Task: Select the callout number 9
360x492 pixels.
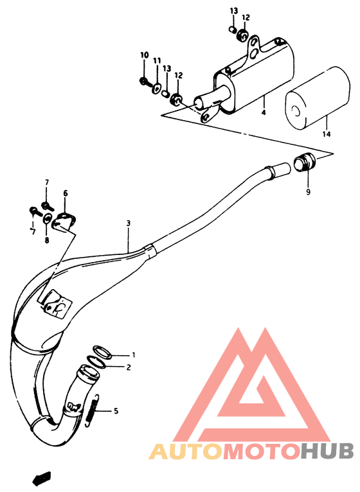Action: tap(307, 191)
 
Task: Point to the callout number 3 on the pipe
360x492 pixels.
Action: tap(129, 223)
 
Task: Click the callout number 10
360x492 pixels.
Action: tap(144, 56)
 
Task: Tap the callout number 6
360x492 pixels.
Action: tap(64, 193)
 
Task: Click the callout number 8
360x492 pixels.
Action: tap(46, 241)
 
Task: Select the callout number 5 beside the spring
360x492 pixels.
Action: tap(116, 411)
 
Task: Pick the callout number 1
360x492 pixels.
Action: tap(134, 355)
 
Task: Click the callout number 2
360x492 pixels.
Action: tap(129, 367)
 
